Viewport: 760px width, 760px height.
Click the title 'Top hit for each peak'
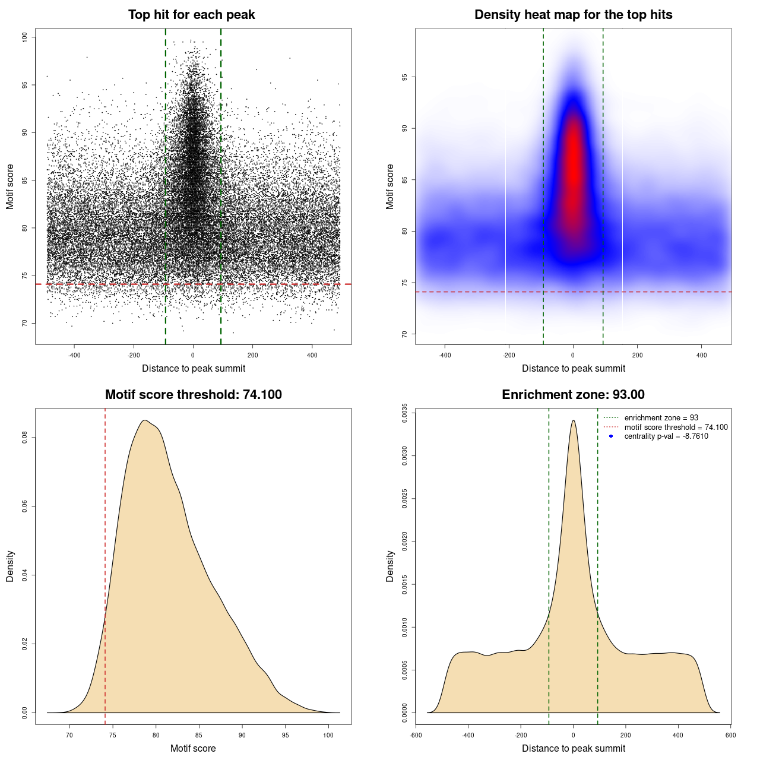pos(191,15)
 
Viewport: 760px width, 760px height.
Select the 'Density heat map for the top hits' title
pos(573,15)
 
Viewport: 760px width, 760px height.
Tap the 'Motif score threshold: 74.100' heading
pos(193,395)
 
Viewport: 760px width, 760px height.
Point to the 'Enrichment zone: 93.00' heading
pos(573,395)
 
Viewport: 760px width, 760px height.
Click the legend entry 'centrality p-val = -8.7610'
pos(666,436)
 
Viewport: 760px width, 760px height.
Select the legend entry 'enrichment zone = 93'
pos(661,418)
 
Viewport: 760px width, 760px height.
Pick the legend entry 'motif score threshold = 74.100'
pos(676,427)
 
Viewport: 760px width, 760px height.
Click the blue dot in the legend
pos(611,436)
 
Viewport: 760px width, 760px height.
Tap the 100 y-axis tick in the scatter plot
pos(24,37)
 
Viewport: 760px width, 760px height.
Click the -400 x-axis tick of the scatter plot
pos(74,355)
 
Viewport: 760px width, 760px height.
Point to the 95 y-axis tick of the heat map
pos(404,77)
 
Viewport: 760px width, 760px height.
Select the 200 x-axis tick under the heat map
pos(637,355)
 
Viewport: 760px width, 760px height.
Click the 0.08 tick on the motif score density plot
pos(24,438)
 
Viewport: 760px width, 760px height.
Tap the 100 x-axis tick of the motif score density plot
pos(328,735)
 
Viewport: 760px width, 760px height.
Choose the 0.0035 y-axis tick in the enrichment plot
pos(404,413)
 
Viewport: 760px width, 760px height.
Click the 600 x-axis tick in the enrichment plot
pos(730,735)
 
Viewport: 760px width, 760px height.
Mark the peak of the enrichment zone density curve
pos(573,420)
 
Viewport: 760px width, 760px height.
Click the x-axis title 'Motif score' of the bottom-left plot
pos(193,748)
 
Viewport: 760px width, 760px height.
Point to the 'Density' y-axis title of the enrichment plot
pos(390,566)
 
